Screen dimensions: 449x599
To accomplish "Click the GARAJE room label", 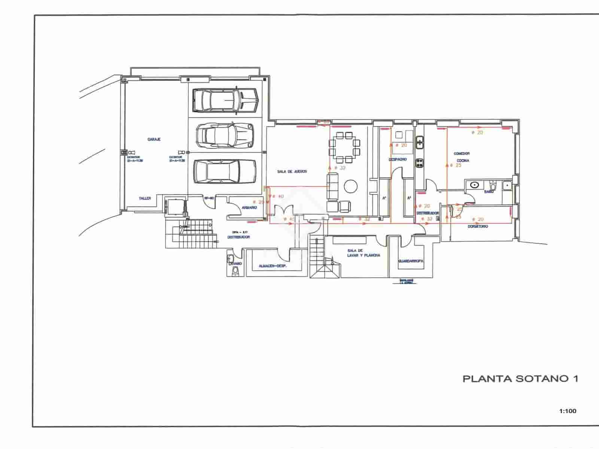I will (154, 139).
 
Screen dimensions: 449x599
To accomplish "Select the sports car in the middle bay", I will (225, 135).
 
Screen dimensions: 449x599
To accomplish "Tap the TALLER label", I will (145, 198).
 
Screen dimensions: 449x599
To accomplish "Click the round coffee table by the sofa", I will (351, 186).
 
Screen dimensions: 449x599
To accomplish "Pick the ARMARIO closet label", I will (249, 208).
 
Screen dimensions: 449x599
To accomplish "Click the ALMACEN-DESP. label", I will (273, 266).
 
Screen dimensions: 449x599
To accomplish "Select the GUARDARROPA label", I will (411, 261).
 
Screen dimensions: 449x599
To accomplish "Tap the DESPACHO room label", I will (398, 159).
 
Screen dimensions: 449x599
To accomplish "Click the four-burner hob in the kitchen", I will (420, 163).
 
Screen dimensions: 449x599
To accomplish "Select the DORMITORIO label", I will (477, 227).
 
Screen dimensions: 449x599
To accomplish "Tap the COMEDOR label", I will (462, 154).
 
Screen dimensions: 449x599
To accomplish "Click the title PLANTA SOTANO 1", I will (520, 379).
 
